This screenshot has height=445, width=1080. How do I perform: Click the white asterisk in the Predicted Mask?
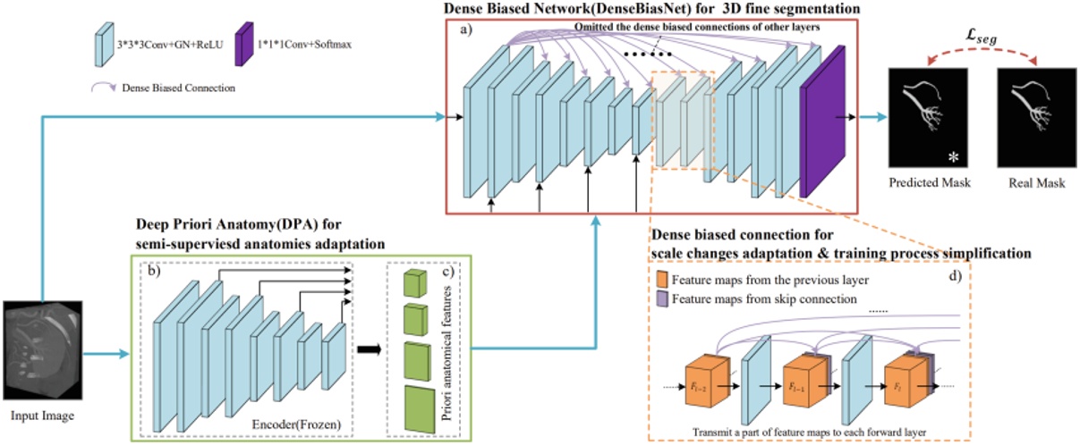coord(955,156)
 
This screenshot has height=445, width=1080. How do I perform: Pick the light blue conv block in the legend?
coord(103,42)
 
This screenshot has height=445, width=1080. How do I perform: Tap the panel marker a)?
coord(469,32)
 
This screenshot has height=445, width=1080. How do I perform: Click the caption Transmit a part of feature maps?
coord(814,431)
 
